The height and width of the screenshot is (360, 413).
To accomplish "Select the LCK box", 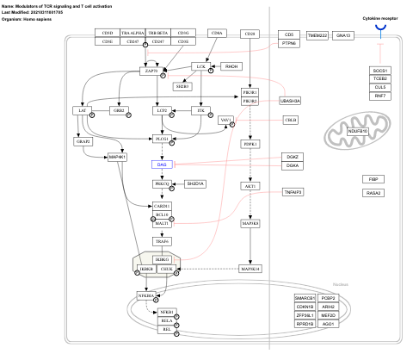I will pos(200,66).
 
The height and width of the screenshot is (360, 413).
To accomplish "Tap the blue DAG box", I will pos(162,164).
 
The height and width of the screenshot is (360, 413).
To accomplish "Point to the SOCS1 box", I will pos(379,70).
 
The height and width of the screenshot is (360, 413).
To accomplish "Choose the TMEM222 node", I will pos(317,35).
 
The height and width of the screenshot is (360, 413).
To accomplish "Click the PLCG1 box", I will pos(161,139).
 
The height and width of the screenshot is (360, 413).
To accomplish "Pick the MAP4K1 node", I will pos(118,157).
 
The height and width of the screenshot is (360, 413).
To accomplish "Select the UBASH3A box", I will pos(290,101).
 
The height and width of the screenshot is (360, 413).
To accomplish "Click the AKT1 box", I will pos(250,185).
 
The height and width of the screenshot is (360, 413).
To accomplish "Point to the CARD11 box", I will pos(162,206).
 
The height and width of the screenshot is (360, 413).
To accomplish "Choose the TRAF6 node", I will pos(162,242).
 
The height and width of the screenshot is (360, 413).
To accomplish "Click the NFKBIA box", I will pos(144,295).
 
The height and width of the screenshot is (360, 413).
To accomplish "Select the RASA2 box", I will pos(373,193).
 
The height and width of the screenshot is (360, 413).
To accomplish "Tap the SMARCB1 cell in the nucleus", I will pos(305,298).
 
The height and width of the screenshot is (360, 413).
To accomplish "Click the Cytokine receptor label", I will pos(379,17).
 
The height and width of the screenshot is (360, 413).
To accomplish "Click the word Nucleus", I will pos(340,283).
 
